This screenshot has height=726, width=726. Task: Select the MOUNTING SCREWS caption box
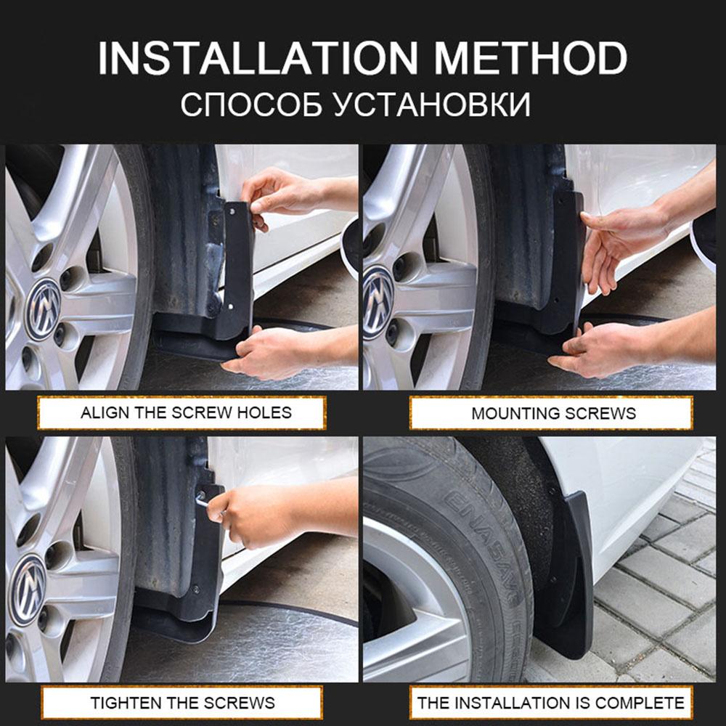pyautogui.click(x=553, y=413)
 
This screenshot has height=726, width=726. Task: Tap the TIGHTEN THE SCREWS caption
pyautogui.click(x=182, y=703)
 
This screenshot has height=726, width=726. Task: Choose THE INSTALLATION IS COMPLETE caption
pyautogui.click(x=550, y=703)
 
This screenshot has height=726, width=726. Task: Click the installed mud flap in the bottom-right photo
pyautogui.click(x=574, y=574)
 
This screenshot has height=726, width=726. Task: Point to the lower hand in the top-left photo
pyautogui.click(x=269, y=352)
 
